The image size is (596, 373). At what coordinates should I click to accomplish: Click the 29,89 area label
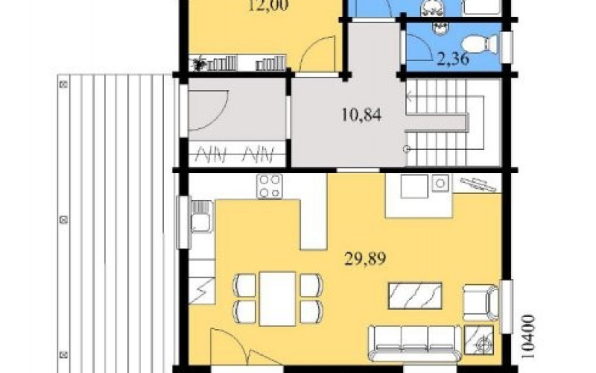point(365,259)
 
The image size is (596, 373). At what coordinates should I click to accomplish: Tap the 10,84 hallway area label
point(361,115)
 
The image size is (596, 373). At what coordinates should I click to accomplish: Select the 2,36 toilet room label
point(452,60)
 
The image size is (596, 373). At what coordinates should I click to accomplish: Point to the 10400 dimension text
point(527,337)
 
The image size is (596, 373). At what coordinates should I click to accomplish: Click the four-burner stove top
point(270,186)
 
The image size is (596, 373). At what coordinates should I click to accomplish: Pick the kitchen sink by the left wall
point(200,217)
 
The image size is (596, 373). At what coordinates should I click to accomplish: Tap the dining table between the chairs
point(277,298)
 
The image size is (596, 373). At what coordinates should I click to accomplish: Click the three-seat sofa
point(415,342)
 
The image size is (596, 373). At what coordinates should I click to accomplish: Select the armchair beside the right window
point(481,304)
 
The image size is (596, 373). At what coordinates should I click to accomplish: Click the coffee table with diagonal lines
point(415,295)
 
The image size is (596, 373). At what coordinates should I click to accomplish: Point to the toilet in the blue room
point(481,44)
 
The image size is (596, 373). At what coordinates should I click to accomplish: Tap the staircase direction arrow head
point(409,97)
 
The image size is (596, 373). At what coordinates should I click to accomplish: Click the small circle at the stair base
point(407,148)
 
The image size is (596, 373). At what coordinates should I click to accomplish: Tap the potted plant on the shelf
point(198,63)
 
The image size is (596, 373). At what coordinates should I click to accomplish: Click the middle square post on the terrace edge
point(64,219)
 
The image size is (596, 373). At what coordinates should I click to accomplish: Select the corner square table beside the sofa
point(479,340)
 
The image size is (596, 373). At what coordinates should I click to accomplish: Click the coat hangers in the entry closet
point(236,154)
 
